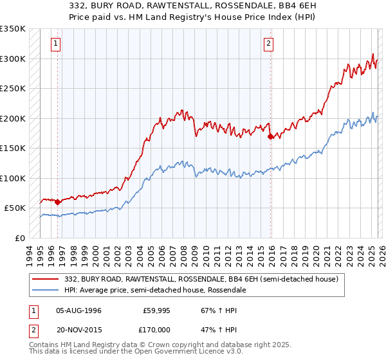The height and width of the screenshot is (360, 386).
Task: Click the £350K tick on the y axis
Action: click(x=13, y=29)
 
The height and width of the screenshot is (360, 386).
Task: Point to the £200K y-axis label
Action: click(x=13, y=118)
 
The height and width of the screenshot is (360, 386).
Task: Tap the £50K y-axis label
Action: click(x=15, y=208)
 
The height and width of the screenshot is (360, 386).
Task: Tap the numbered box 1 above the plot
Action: click(x=57, y=44)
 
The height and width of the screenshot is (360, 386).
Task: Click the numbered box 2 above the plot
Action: click(x=268, y=44)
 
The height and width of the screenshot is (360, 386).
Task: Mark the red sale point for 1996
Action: click(x=58, y=202)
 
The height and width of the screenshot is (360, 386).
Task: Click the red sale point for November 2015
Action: click(x=270, y=136)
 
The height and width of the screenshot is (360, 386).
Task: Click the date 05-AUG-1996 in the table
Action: click(x=80, y=310)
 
